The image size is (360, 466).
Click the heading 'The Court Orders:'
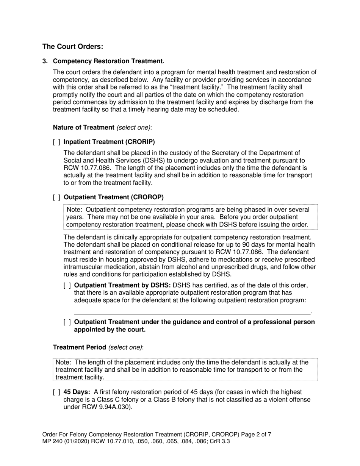[x=72, y=47]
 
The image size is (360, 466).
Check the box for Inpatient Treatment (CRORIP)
[x=56, y=142]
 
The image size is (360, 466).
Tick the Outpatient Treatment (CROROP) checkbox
[x=56, y=197]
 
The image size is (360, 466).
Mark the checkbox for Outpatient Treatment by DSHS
[x=67, y=285]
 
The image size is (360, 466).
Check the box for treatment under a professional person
[x=67, y=322]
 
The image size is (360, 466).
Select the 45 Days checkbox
[x=56, y=392]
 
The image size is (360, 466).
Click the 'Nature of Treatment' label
[x=83, y=128]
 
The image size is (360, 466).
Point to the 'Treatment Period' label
[x=79, y=347]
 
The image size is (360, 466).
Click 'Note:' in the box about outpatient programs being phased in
[x=74, y=210]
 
